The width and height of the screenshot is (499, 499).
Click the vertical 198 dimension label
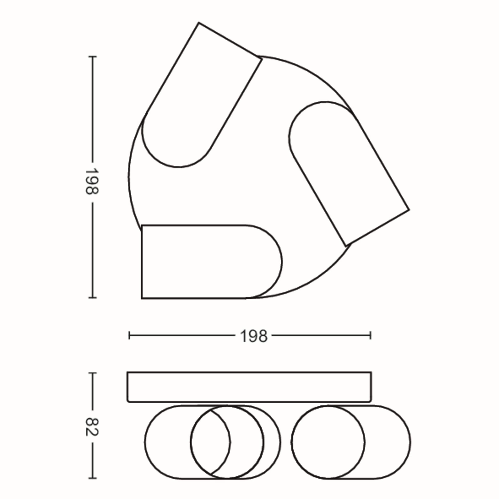click(x=92, y=182)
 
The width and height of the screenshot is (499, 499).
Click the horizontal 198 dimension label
click(x=254, y=337)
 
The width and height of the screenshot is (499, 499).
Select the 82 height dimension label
click(x=92, y=427)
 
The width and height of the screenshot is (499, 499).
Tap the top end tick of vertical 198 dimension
click(x=92, y=56)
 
